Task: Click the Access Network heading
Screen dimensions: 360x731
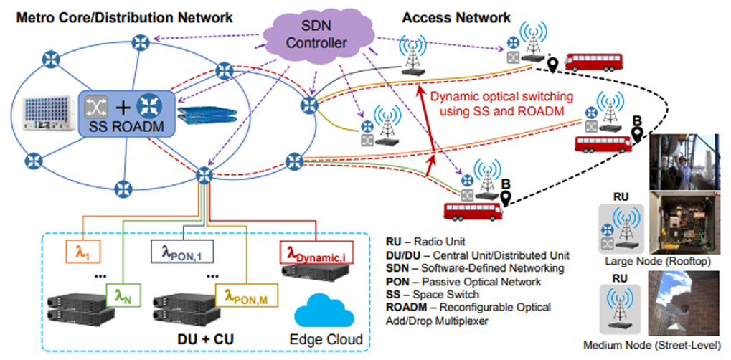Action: pos(456,18)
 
